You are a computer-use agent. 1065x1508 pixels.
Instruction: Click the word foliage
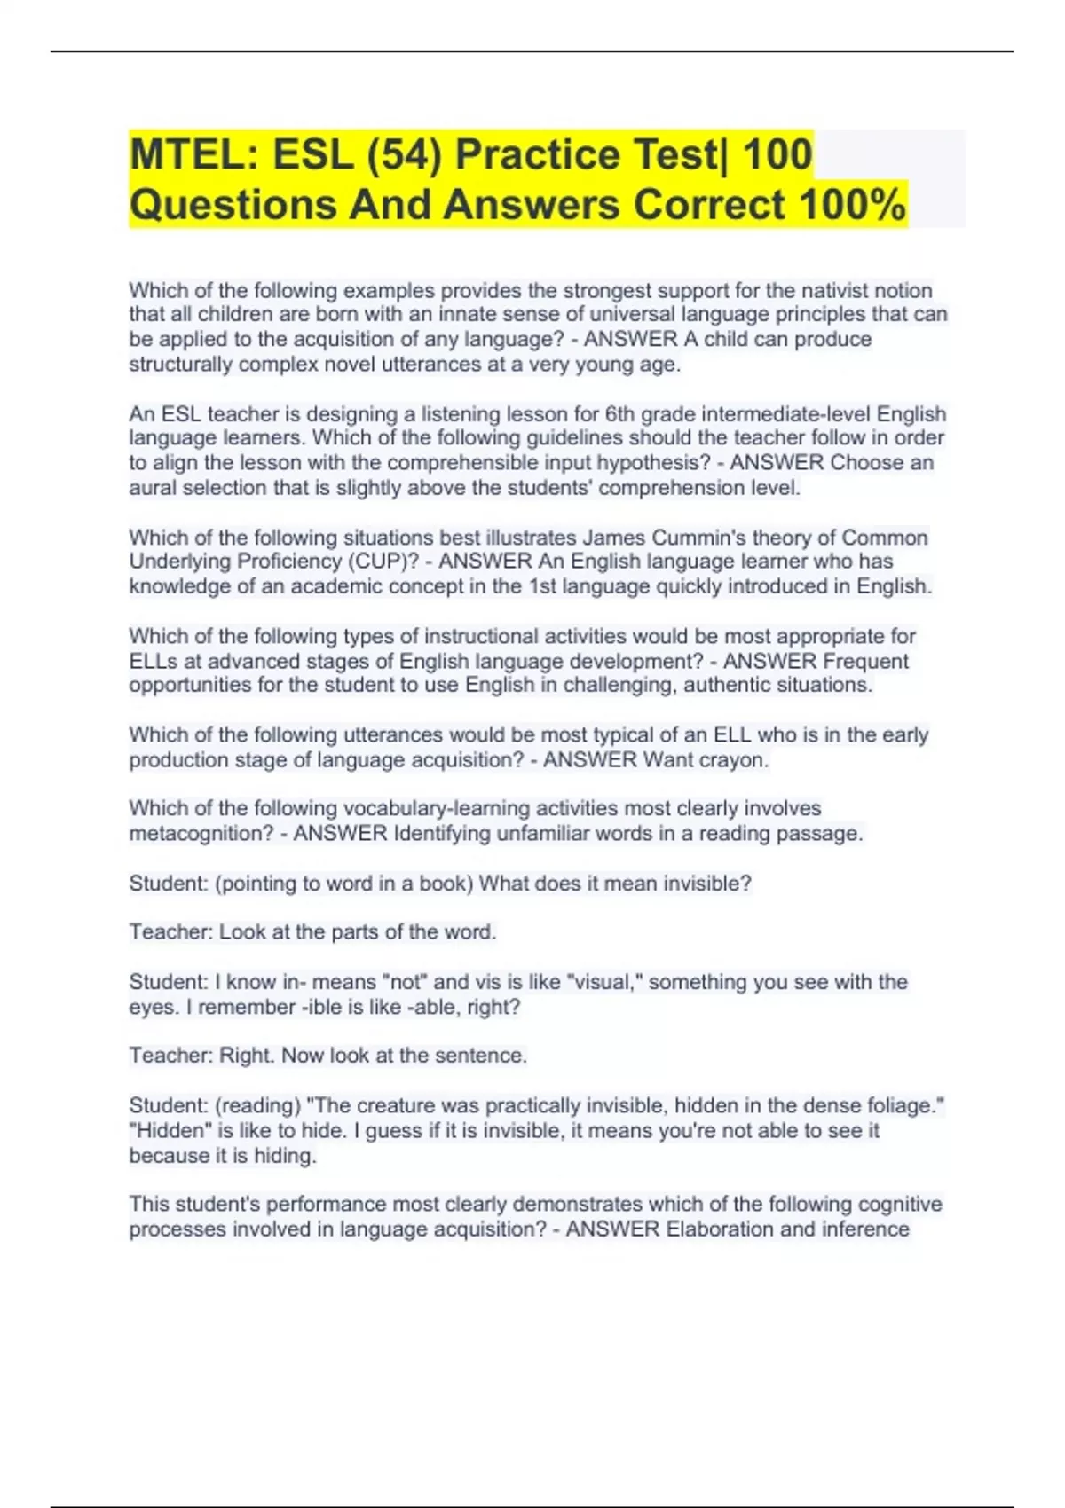[x=907, y=1105]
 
